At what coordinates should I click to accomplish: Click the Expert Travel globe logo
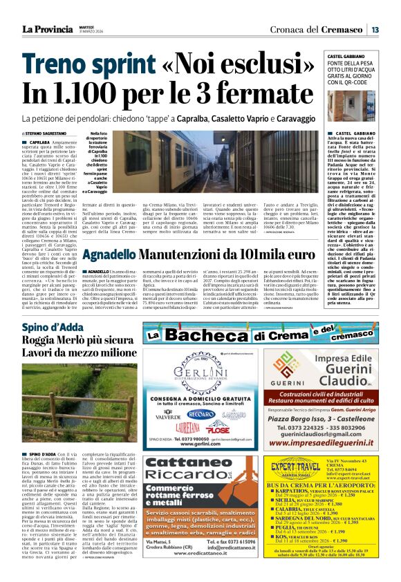[292, 467]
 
